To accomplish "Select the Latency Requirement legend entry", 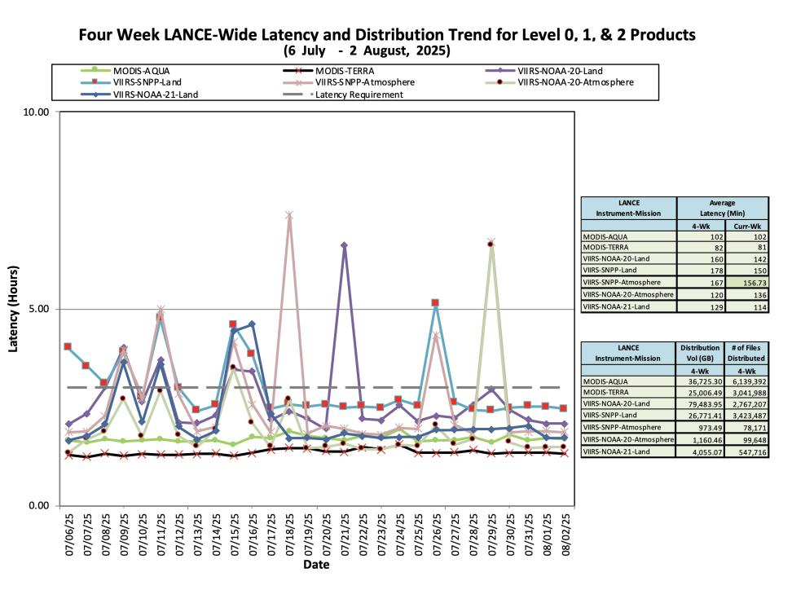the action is (359, 95).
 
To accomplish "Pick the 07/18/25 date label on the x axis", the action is (290, 535).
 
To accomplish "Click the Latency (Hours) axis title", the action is (13, 309).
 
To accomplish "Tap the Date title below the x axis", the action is (316, 565).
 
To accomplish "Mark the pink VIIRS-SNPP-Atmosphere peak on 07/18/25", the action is (289, 215).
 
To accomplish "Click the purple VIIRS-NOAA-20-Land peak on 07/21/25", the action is (344, 245).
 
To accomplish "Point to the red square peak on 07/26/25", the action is (435, 302).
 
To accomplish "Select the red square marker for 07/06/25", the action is (68, 346).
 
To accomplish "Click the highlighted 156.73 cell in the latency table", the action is (747, 283).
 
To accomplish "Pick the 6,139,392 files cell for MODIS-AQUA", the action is (746, 382).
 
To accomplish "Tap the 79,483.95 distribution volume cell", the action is (701, 404).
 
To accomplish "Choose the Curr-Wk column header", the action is (747, 226).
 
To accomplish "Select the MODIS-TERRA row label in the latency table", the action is (605, 248).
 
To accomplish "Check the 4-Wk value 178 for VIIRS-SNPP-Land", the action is (717, 271).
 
